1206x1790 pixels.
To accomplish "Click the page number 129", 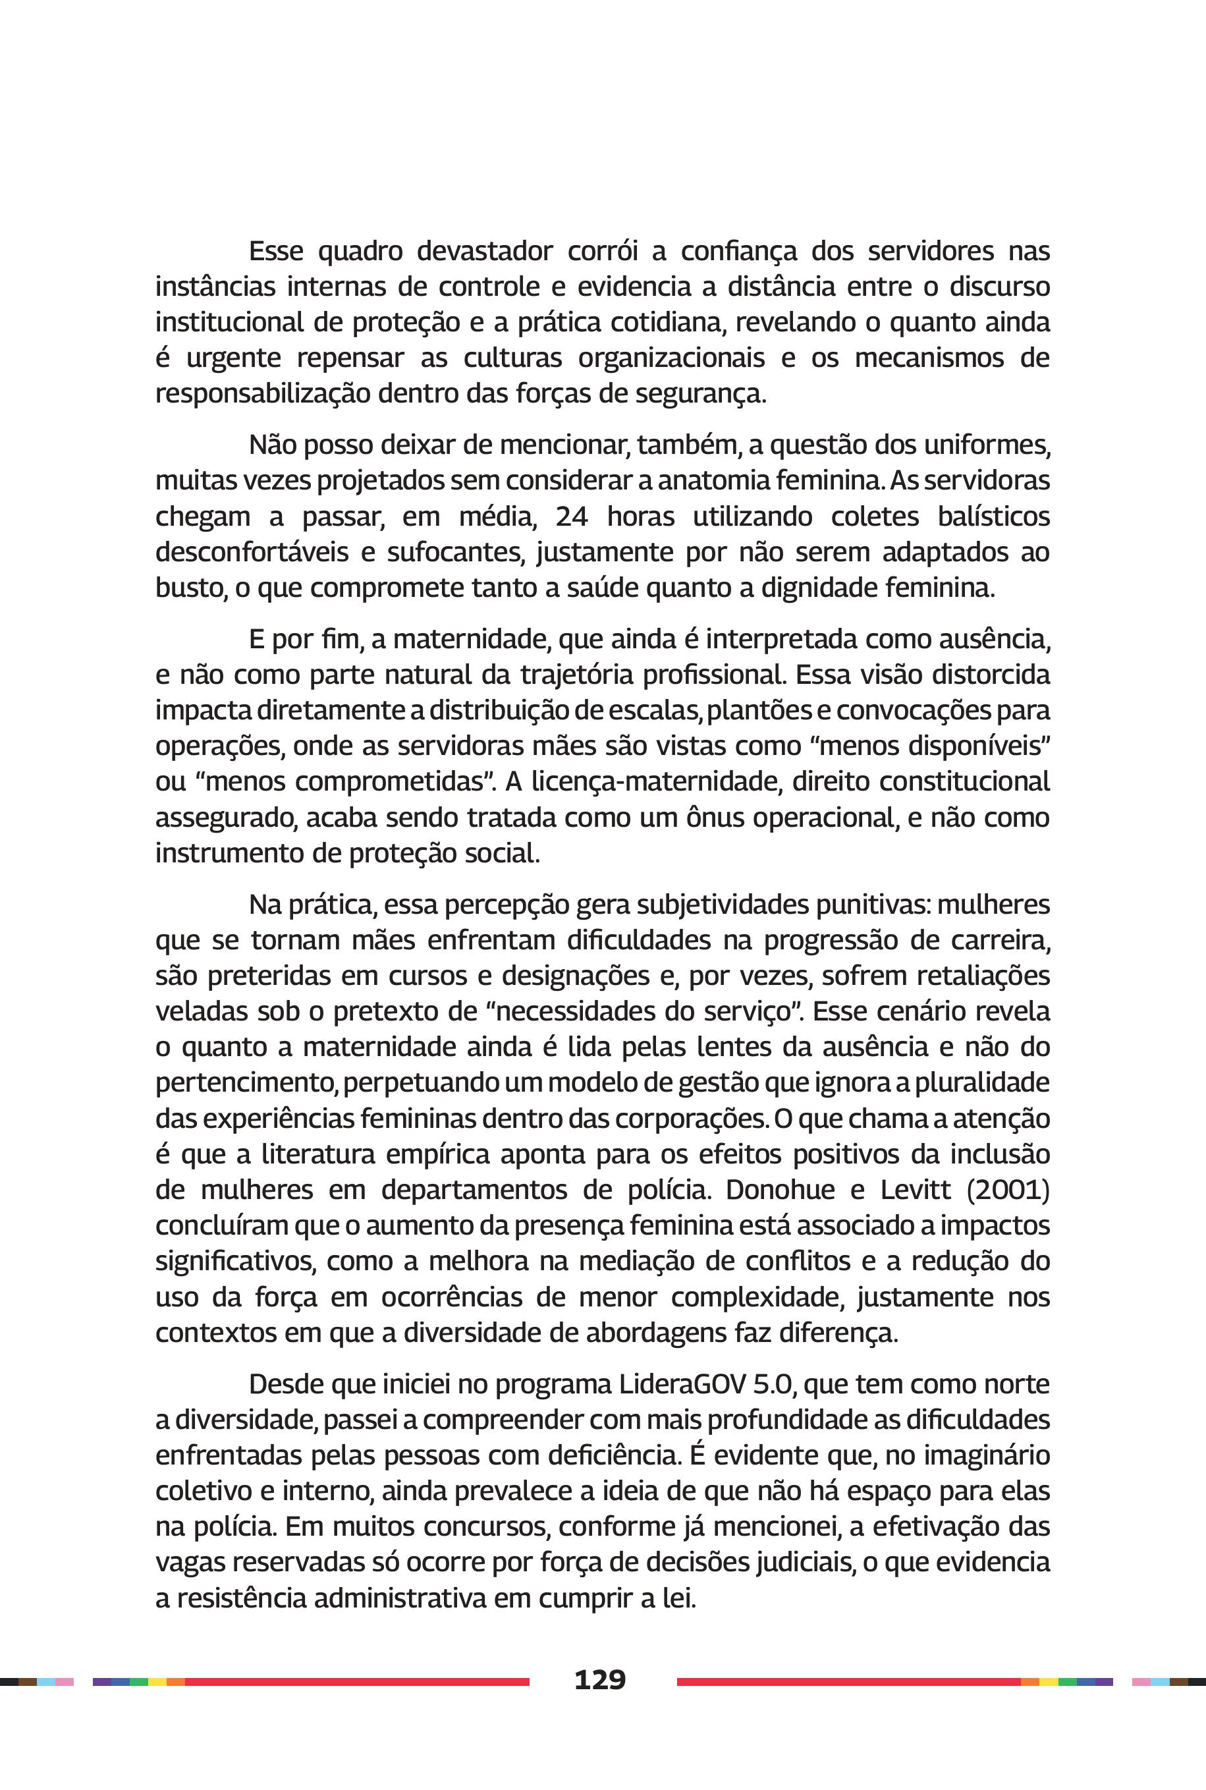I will point(600,1679).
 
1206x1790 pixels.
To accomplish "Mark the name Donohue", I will point(780,1190).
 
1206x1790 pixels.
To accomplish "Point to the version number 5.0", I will point(772,1385).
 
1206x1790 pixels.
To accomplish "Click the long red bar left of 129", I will point(357,1681).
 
